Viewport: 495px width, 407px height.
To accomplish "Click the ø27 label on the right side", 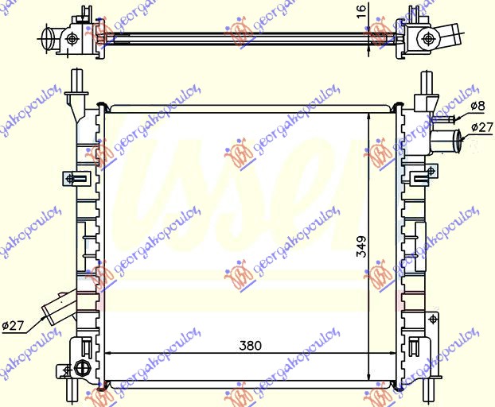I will pos(481,126).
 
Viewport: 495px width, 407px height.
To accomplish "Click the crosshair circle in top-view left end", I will pos(72,38).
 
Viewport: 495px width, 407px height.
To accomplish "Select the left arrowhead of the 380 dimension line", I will pos(109,354).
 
